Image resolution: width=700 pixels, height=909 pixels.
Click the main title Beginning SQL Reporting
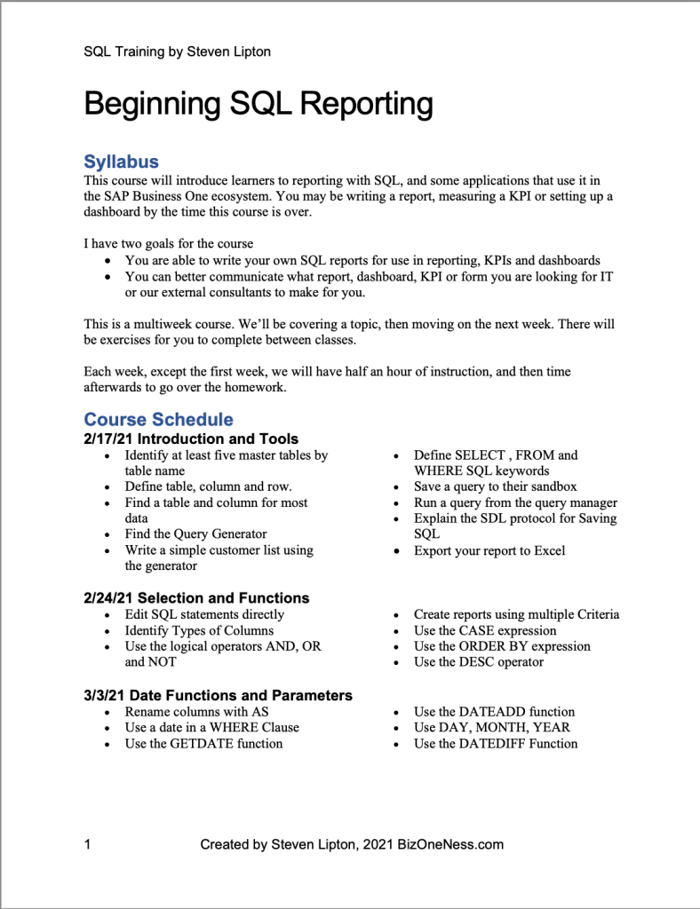pos(259,105)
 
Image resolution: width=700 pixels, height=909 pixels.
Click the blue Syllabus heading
pos(121,162)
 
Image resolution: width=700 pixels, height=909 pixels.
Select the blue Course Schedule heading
pos(158,419)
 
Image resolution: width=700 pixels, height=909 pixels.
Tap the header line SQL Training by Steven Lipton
pos(177,51)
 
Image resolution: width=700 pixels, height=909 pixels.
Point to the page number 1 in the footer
pos(87,844)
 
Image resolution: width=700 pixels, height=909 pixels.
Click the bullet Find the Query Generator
pos(195,534)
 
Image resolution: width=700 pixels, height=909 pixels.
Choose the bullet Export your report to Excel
pos(489,550)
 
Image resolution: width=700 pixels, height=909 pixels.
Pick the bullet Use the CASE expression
pos(485,630)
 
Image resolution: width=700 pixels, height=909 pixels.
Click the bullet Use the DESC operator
pos(479,661)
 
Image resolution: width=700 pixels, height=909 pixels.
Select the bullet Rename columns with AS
pos(196,711)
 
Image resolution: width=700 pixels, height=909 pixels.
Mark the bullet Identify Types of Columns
pos(199,630)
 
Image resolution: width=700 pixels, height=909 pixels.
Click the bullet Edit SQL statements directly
pos(204,614)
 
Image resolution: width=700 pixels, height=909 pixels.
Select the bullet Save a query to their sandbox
pos(495,486)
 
